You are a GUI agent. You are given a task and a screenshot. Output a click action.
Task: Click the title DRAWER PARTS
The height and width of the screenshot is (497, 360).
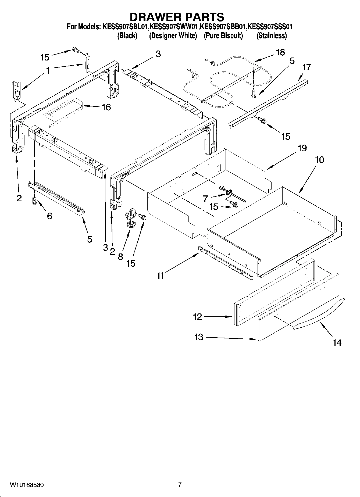(177, 17)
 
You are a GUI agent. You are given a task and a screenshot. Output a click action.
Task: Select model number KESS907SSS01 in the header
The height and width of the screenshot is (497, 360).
(270, 27)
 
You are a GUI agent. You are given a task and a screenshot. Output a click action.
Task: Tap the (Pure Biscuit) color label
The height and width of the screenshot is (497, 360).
(223, 36)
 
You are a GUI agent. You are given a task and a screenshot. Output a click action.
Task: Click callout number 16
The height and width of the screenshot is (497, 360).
(106, 107)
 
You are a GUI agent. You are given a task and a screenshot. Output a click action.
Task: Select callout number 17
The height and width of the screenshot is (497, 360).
(306, 67)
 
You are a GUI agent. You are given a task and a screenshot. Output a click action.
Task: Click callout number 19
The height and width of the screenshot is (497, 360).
(302, 148)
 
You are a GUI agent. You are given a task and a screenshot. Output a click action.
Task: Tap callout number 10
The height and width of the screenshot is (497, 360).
(319, 160)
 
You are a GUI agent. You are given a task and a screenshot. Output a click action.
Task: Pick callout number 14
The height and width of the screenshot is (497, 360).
(337, 343)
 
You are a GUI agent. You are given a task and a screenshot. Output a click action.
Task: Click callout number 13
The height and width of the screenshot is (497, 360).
(199, 337)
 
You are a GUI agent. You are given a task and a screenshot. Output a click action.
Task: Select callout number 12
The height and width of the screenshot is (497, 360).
(197, 317)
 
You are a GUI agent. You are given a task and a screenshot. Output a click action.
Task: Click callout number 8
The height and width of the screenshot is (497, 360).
(120, 257)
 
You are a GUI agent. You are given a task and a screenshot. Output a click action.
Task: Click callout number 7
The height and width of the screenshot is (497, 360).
(206, 199)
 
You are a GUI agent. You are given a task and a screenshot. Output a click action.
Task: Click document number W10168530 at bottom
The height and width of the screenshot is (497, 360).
(27, 485)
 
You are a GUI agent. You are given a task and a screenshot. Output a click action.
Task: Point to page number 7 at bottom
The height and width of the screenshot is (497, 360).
(180, 485)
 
